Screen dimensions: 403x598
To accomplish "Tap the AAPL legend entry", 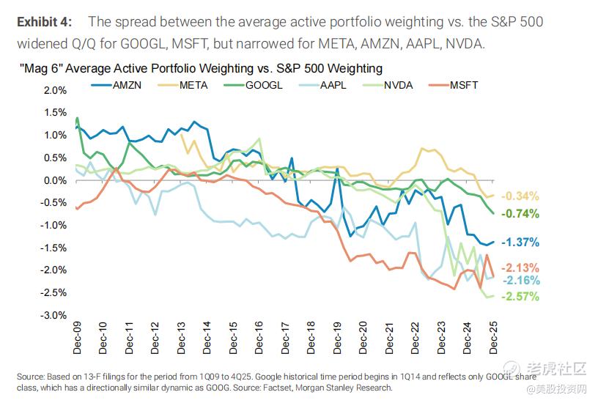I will coord(332,85).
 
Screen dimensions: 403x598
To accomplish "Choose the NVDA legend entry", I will coord(398,85).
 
